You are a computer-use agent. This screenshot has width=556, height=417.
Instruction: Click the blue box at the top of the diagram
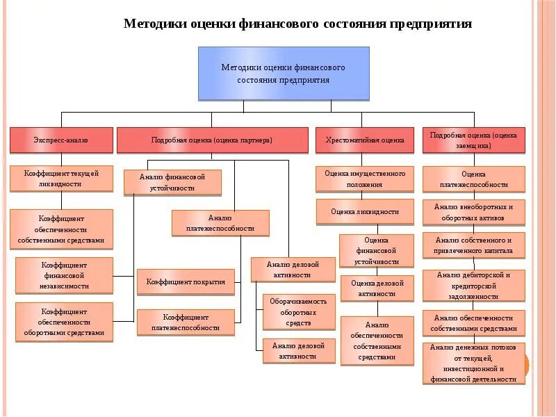click(x=284, y=73)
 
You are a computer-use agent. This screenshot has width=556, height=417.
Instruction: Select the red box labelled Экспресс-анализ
click(x=61, y=140)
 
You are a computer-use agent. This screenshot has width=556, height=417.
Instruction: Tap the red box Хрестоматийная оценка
click(x=364, y=140)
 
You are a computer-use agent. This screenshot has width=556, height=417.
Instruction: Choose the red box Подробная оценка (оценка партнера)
click(x=212, y=140)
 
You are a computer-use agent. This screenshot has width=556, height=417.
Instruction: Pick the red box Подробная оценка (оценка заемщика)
click(x=473, y=140)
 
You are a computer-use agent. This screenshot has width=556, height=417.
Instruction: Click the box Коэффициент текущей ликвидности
click(x=61, y=179)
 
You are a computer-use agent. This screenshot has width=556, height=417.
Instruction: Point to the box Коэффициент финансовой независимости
click(x=64, y=275)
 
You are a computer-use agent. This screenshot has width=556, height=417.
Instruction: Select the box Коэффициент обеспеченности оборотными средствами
click(x=64, y=322)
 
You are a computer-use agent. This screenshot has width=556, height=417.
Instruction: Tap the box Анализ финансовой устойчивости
click(x=173, y=182)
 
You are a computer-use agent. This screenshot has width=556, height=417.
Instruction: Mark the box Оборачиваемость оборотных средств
click(x=299, y=312)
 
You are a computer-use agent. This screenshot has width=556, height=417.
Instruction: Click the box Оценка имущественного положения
click(x=365, y=179)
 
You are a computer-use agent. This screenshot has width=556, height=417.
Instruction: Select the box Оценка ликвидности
click(x=365, y=211)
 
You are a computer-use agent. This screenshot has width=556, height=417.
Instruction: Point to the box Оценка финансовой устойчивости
click(x=377, y=250)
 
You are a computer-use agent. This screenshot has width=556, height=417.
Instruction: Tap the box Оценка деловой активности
click(x=377, y=288)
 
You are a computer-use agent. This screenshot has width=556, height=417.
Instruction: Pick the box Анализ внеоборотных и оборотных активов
click(x=473, y=212)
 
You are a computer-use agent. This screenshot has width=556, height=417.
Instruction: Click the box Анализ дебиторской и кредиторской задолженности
click(x=473, y=285)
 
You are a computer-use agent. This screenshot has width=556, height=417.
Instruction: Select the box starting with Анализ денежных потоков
click(x=473, y=363)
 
